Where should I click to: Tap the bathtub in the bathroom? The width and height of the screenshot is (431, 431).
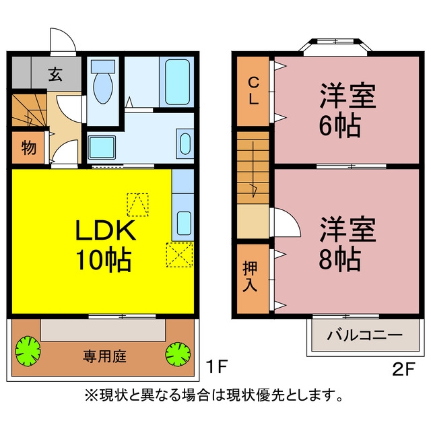pyautogui.click(x=177, y=82)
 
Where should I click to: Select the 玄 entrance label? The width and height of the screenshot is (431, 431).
pyautogui.click(x=55, y=74)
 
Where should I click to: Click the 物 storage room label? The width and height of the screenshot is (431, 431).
pyautogui.click(x=29, y=147)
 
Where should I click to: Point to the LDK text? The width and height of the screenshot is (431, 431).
pyautogui.click(x=106, y=230)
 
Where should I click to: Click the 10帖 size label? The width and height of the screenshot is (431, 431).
pyautogui.click(x=104, y=260)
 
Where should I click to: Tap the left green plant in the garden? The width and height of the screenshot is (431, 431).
pyautogui.click(x=28, y=351)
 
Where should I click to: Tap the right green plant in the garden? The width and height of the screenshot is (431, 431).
pyautogui.click(x=178, y=354)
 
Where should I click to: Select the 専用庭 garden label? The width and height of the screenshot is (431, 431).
pyautogui.click(x=104, y=356)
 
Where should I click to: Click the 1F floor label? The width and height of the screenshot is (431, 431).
pyautogui.click(x=218, y=366)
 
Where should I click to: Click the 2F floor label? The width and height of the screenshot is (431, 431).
pyautogui.click(x=403, y=369)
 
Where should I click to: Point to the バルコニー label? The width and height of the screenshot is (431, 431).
pyautogui.click(x=365, y=335)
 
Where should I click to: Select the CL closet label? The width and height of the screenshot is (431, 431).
pyautogui.click(x=253, y=91)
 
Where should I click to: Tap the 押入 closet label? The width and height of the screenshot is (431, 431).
pyautogui.click(x=250, y=275)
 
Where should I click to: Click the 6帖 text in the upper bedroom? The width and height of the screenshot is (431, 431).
pyautogui.click(x=339, y=126)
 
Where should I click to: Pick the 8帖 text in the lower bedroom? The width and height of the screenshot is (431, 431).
pyautogui.click(x=339, y=260)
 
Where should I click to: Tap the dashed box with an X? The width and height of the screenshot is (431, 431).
pyautogui.click(x=180, y=255)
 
